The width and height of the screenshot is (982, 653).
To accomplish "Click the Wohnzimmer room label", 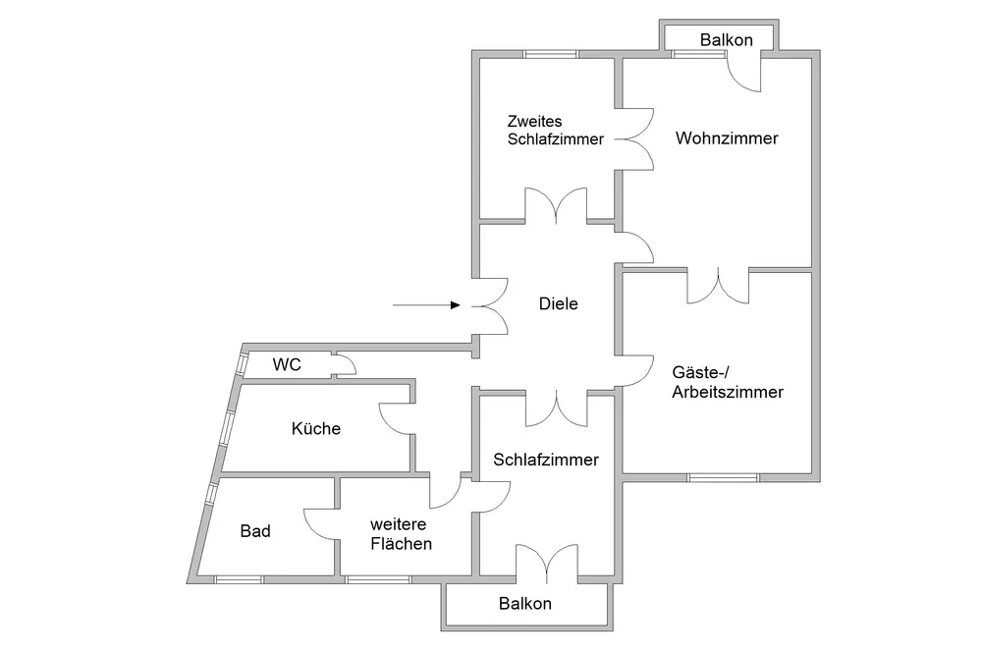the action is pyautogui.click(x=727, y=138).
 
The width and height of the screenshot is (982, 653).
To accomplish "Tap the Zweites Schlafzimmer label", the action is pyautogui.click(x=555, y=131).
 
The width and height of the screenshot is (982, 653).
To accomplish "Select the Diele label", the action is pyautogui.click(x=559, y=303).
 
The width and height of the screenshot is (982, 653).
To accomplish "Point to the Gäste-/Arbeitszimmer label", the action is pyautogui.click(x=727, y=382).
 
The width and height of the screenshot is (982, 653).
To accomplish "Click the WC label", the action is pyautogui.click(x=287, y=365).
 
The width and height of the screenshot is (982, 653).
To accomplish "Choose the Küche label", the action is pyautogui.click(x=316, y=428).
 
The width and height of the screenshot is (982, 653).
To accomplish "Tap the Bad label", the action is pyautogui.click(x=255, y=531).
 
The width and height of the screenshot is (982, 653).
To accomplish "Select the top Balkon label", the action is pyautogui.click(x=727, y=40).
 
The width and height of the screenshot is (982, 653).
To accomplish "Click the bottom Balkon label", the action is pyautogui.click(x=525, y=604).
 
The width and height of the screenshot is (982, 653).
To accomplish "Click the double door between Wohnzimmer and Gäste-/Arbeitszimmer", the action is pyautogui.click(x=718, y=285).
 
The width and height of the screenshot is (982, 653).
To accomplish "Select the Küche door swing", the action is pyautogui.click(x=396, y=420).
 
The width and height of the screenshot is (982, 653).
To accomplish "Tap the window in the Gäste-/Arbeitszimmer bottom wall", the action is pyautogui.click(x=723, y=478).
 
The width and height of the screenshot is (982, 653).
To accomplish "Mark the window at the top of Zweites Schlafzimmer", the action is pyautogui.click(x=549, y=54).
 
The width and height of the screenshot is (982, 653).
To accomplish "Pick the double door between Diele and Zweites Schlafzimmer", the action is pyautogui.click(x=556, y=207).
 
